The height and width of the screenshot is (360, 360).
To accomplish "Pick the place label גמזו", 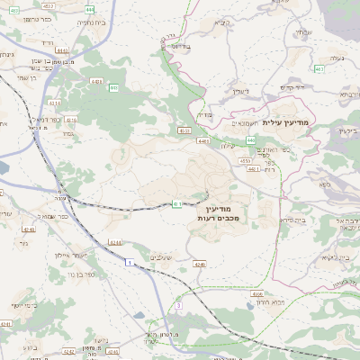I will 68,132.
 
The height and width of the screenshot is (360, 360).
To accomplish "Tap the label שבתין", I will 302,31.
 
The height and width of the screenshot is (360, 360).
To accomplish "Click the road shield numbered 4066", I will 257,294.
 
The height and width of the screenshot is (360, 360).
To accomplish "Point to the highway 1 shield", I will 131,261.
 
